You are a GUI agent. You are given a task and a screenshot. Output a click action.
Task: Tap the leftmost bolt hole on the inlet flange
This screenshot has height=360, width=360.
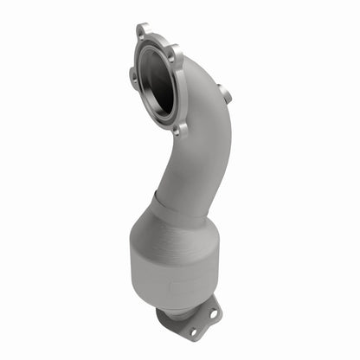tap(133, 76)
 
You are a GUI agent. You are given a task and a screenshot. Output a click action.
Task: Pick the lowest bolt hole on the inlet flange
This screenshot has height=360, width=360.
tap(179, 130)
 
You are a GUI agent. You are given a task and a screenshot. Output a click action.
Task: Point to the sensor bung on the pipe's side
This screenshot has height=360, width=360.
tap(224, 93)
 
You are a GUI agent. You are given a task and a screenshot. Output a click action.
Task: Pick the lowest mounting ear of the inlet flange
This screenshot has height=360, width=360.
tap(179, 131)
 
